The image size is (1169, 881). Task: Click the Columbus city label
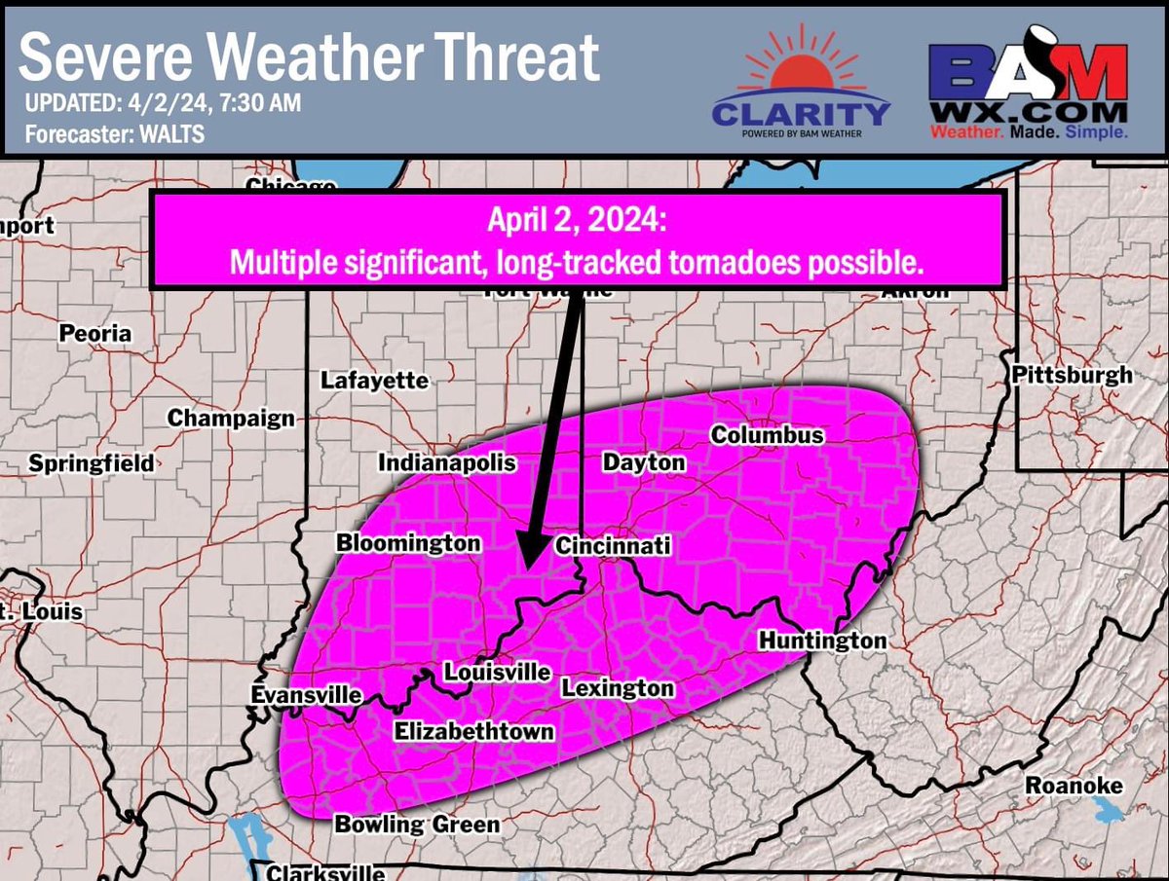pyautogui.click(x=768, y=435)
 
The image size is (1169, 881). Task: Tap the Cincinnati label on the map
pyautogui.click(x=613, y=547)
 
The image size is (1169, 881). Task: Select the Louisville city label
pyautogui.click(x=497, y=673)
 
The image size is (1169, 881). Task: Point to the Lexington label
pyautogui.click(x=618, y=688)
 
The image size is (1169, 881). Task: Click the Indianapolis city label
pyautogui.click(x=447, y=463)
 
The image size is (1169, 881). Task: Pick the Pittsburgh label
pyautogui.click(x=1072, y=375)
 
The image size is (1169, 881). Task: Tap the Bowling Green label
pyautogui.click(x=417, y=825)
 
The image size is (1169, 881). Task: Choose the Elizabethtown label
pyautogui.click(x=473, y=732)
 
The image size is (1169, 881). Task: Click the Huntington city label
pyautogui.click(x=822, y=641)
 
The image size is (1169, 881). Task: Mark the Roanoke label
pyautogui.click(x=1074, y=786)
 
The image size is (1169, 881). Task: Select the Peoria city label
pyautogui.click(x=94, y=333)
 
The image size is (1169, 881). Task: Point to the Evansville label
pyautogui.click(x=306, y=695)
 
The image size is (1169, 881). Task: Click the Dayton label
pyautogui.click(x=644, y=462)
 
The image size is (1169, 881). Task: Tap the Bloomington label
pyautogui.click(x=408, y=543)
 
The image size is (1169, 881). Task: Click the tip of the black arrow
pyautogui.click(x=523, y=567)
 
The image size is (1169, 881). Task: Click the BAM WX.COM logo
pyautogui.click(x=1027, y=88)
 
